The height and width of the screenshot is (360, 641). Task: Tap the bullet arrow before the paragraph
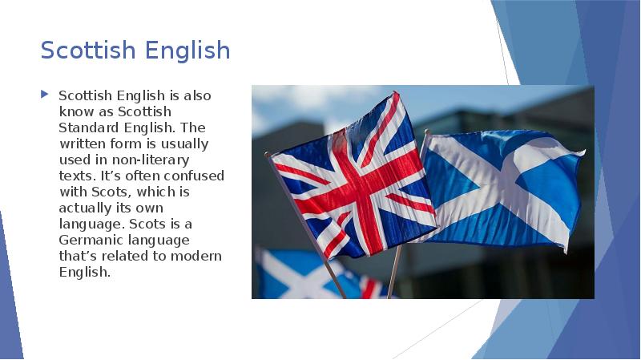coord(45,95)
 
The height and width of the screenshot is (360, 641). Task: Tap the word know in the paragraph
coord(75,111)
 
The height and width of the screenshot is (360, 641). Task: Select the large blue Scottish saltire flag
coord(501,188)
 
